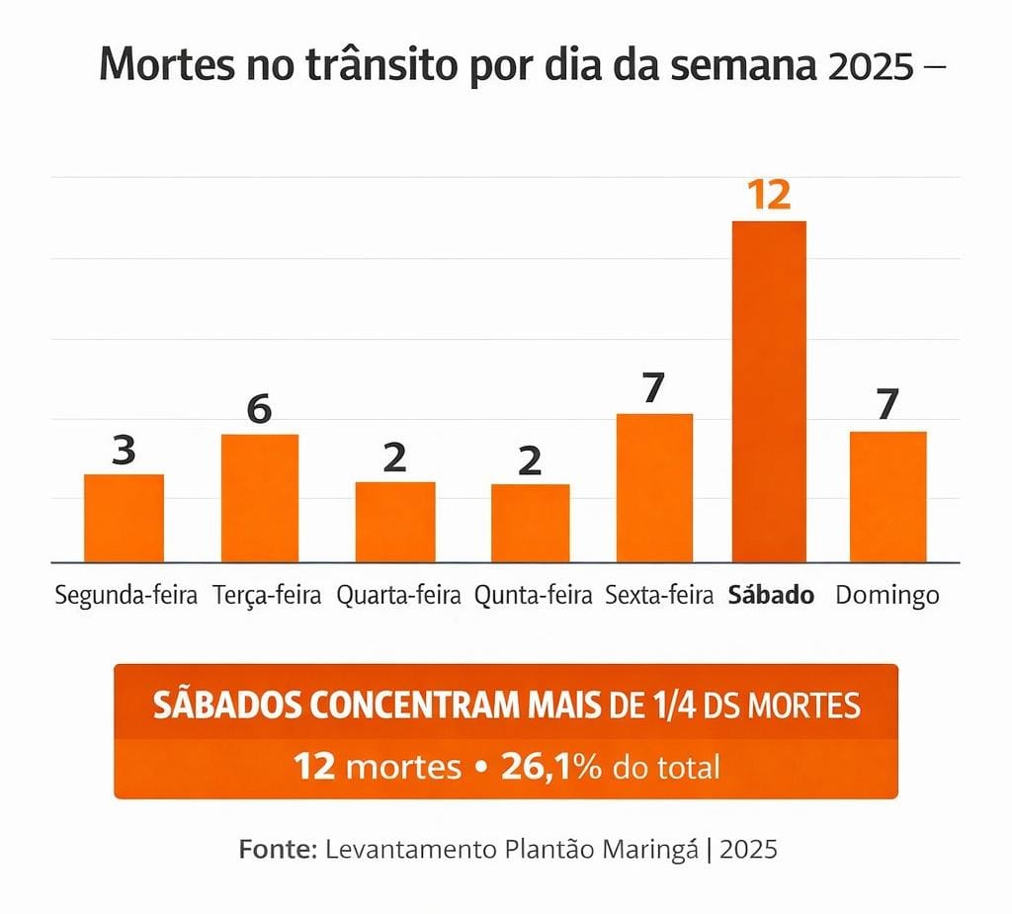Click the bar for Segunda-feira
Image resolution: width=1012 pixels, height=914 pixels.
[124, 518]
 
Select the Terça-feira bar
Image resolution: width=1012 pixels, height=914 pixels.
[260, 498]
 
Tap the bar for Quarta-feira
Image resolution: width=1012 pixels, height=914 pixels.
[395, 522]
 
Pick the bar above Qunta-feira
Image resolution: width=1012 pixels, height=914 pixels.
[531, 523]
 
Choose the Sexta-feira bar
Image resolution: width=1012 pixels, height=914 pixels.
[654, 487]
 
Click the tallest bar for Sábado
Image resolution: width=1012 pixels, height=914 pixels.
[769, 391]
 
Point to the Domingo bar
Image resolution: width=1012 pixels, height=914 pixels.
[887, 496]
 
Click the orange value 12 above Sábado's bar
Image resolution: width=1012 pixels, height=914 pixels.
[769, 195]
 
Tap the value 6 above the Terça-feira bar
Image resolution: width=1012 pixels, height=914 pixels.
[259, 409]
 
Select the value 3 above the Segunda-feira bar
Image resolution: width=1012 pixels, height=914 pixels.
[124, 451]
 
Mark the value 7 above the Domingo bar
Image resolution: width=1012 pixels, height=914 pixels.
[887, 405]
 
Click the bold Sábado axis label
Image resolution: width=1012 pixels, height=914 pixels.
[771, 596]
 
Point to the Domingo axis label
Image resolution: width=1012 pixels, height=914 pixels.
[887, 597]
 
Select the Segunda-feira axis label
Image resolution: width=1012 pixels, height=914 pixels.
[126, 597]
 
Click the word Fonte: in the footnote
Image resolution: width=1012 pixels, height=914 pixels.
[278, 850]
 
